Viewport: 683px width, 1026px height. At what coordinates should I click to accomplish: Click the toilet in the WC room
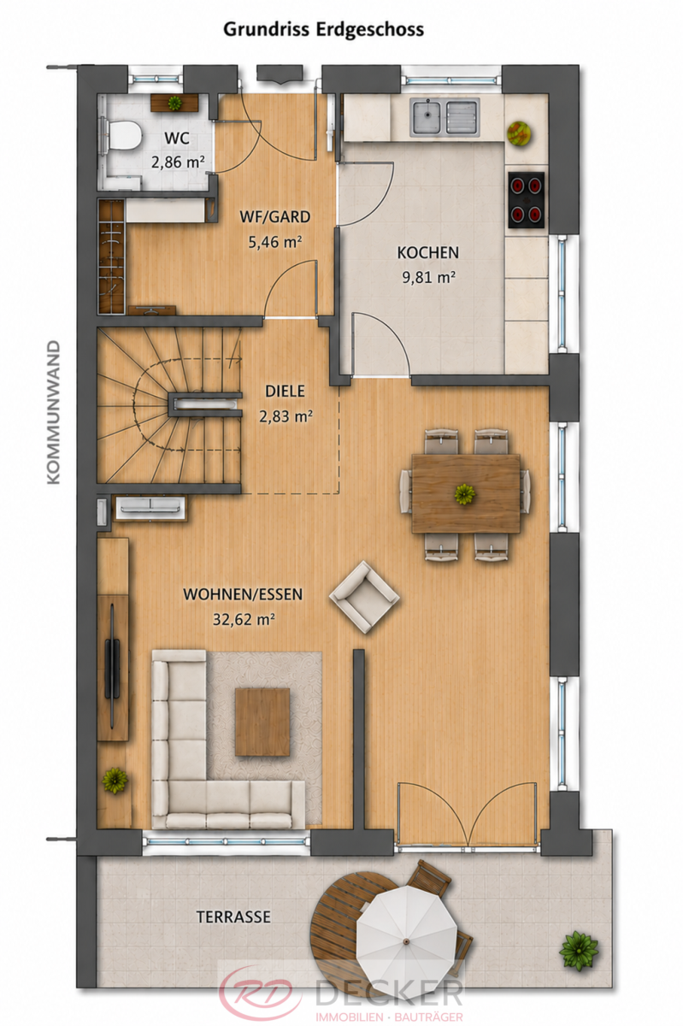tap(121, 133)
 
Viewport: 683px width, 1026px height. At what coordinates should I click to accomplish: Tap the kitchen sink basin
tap(426, 118)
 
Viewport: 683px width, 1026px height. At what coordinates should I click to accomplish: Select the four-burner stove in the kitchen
tap(526, 200)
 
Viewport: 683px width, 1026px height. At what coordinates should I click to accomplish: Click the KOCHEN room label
tap(428, 253)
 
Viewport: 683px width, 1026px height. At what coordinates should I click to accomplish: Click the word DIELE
tap(285, 392)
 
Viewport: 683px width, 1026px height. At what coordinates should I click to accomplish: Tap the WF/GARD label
tap(275, 216)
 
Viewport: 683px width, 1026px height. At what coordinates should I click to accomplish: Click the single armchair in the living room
tap(364, 597)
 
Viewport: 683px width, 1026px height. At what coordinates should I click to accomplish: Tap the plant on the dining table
tap(465, 494)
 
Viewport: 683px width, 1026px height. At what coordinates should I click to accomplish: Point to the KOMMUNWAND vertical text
tap(54, 412)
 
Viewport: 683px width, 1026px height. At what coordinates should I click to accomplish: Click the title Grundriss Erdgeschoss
tap(323, 30)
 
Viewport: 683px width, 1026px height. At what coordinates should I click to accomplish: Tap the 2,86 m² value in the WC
tap(178, 162)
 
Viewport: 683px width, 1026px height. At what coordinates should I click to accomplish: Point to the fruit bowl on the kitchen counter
tap(520, 133)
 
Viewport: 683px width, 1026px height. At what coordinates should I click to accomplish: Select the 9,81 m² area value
tap(429, 278)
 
